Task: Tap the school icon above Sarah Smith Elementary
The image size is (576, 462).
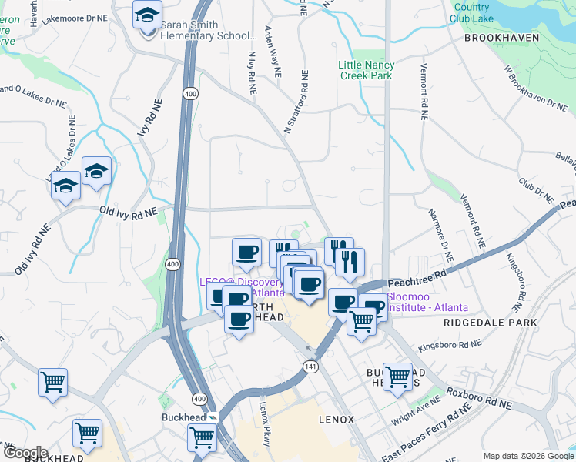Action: pos(146,15)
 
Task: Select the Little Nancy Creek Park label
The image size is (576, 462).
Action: pos(366,70)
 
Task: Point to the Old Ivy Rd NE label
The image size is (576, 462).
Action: pos(128,210)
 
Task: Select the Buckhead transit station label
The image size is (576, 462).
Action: pos(183,417)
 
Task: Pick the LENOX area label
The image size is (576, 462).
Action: pos(337,420)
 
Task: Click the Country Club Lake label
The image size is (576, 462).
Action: pos(471,12)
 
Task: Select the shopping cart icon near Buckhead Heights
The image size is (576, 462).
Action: pos(397,377)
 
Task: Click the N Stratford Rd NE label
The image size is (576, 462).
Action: pos(296,104)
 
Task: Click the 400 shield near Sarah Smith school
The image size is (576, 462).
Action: pos(189,93)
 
